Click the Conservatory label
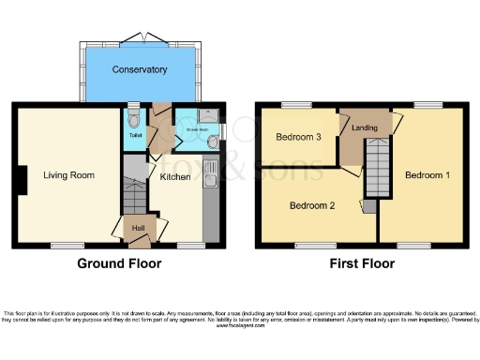tap(140, 69)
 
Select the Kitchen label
tap(174, 176)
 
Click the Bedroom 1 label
tap(427, 175)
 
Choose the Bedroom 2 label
tap(311, 205)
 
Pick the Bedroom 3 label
tap(298, 137)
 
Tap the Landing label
tap(364, 128)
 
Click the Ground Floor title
tap(119, 263)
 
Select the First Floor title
tap(361, 263)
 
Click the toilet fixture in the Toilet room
tap(135, 119)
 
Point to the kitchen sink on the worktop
tap(211, 178)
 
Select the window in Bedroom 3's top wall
tap(299, 103)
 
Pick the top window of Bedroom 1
tap(428, 103)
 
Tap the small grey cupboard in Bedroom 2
tap(368, 205)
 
